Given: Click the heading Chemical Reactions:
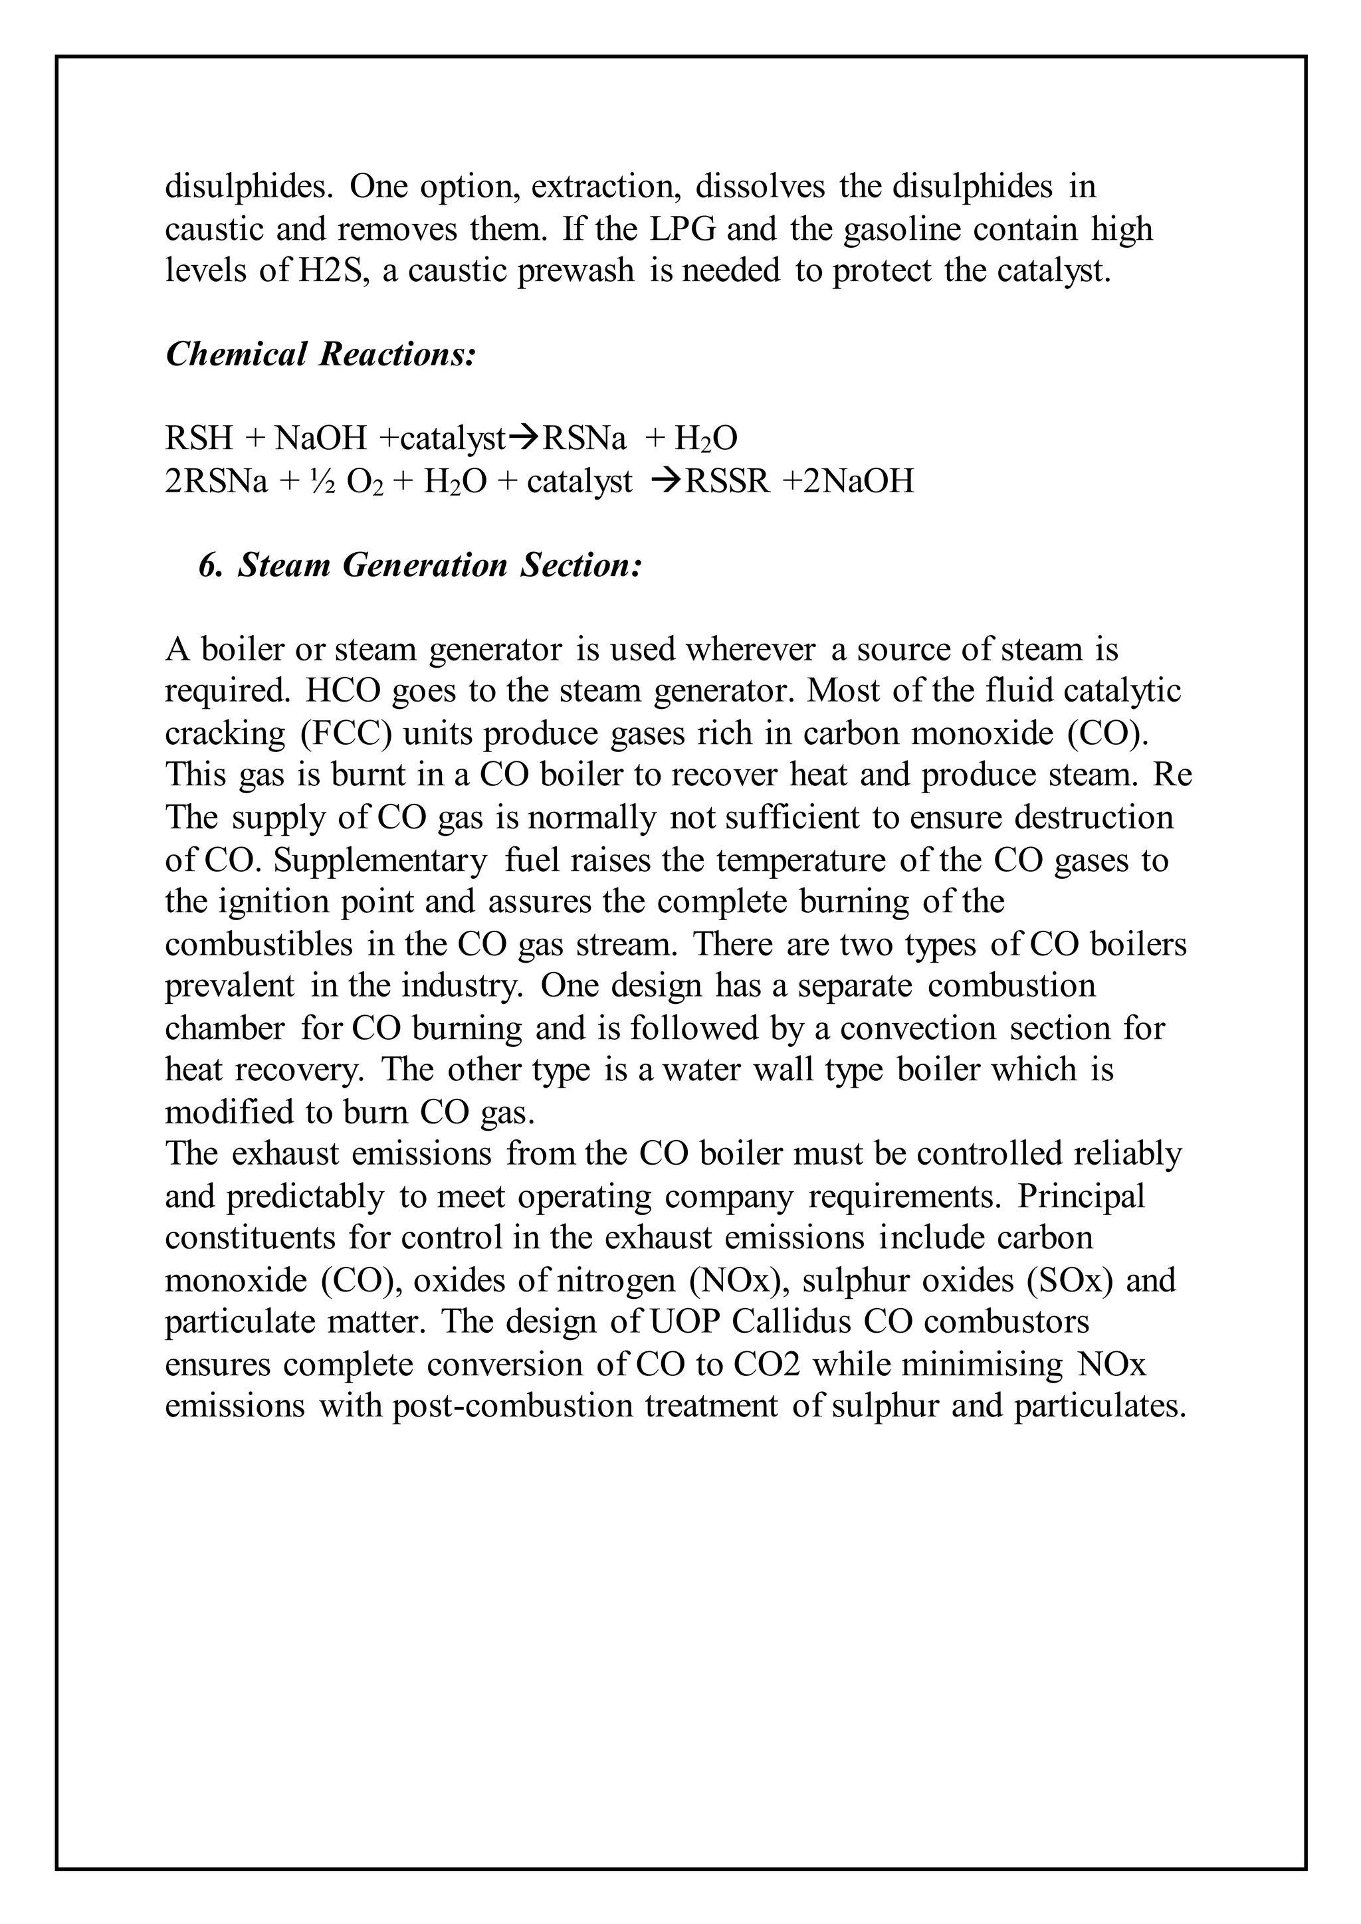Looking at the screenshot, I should click(321, 355).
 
